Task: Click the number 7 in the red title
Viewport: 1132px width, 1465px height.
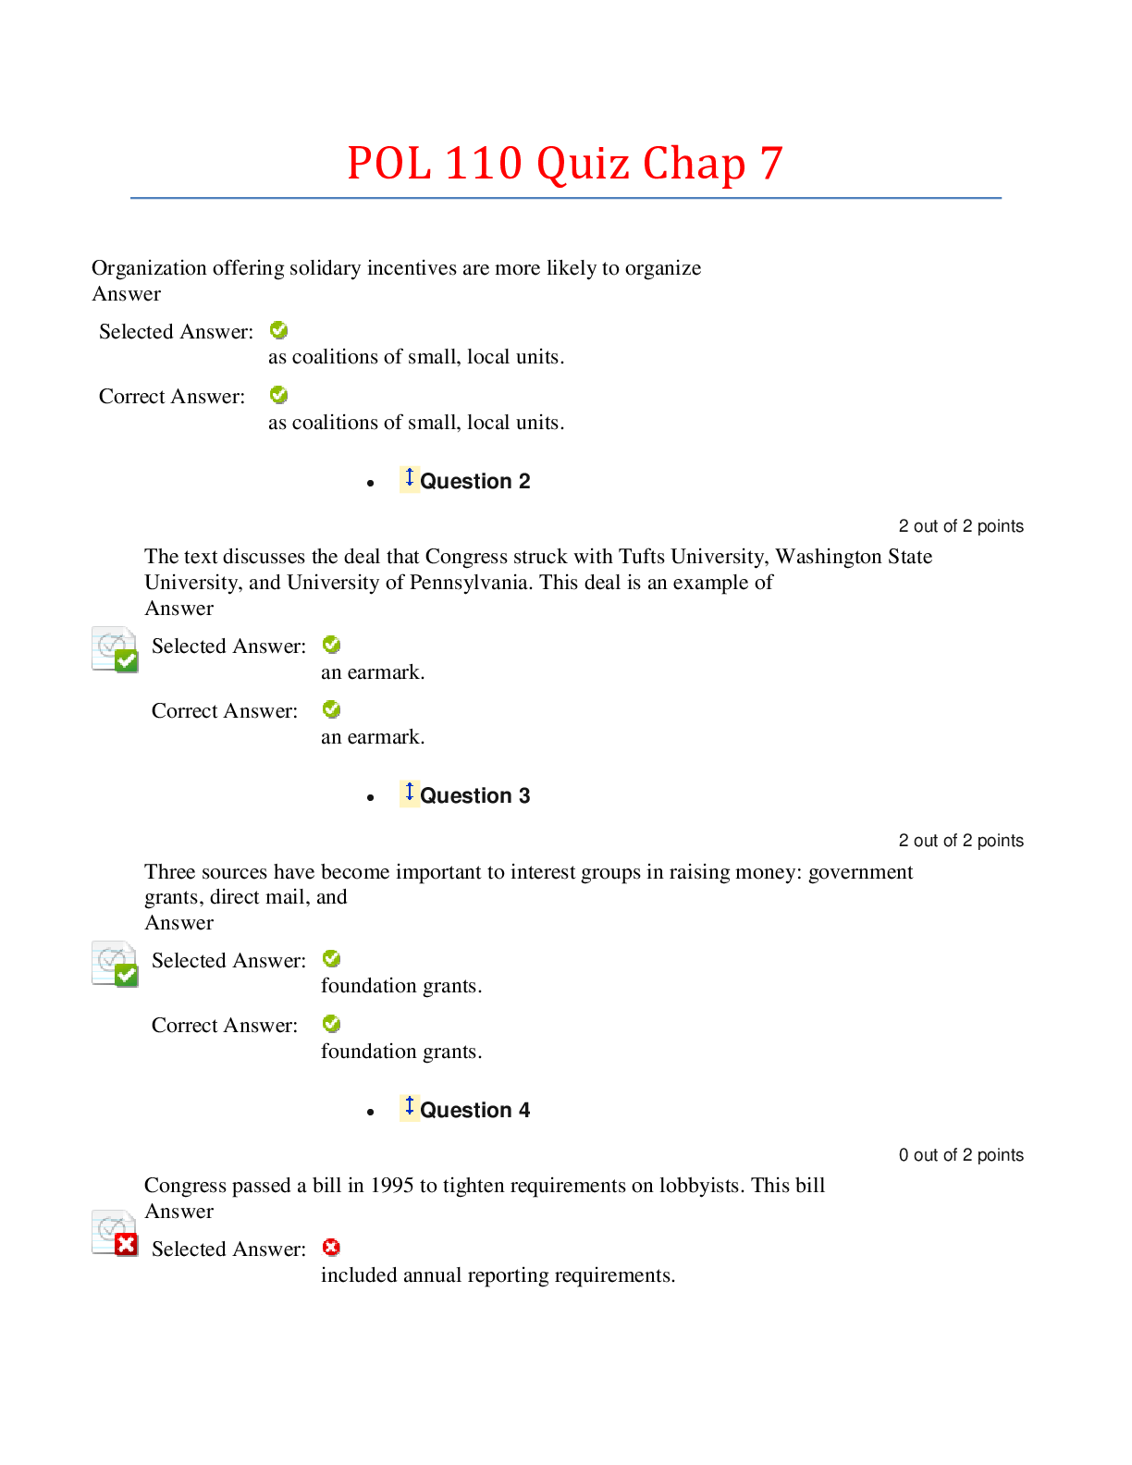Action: tap(771, 164)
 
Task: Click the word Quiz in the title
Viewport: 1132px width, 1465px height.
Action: tap(584, 164)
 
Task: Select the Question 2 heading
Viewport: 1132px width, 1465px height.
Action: tap(475, 481)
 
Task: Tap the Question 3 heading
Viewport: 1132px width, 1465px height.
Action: tap(475, 795)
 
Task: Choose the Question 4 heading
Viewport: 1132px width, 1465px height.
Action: tap(475, 1110)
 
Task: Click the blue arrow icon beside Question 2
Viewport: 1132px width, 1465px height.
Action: tap(410, 478)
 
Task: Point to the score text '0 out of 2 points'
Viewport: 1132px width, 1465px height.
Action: tap(961, 1155)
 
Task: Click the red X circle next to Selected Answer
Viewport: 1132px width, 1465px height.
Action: tap(331, 1248)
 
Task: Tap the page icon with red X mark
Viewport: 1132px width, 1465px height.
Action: tap(115, 1234)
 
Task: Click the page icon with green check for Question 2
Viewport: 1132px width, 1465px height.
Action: tap(115, 649)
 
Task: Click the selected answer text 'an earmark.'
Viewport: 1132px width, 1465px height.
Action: tap(373, 672)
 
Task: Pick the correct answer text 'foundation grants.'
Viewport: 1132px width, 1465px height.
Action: tap(401, 1052)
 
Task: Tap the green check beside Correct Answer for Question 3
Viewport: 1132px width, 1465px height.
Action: tap(331, 1024)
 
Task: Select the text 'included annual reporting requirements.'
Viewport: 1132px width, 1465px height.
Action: tap(498, 1275)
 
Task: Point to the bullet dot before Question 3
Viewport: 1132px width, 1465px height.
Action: tap(371, 798)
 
